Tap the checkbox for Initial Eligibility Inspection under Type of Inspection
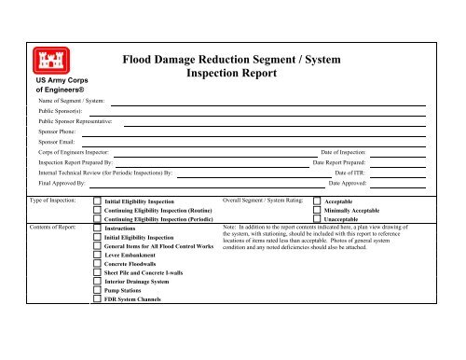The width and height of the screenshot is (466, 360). (99, 201)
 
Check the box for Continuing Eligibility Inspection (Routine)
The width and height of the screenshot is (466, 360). (99, 212)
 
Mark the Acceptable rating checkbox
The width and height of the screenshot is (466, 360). (316, 201)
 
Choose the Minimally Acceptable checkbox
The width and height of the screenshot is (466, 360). (316, 212)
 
